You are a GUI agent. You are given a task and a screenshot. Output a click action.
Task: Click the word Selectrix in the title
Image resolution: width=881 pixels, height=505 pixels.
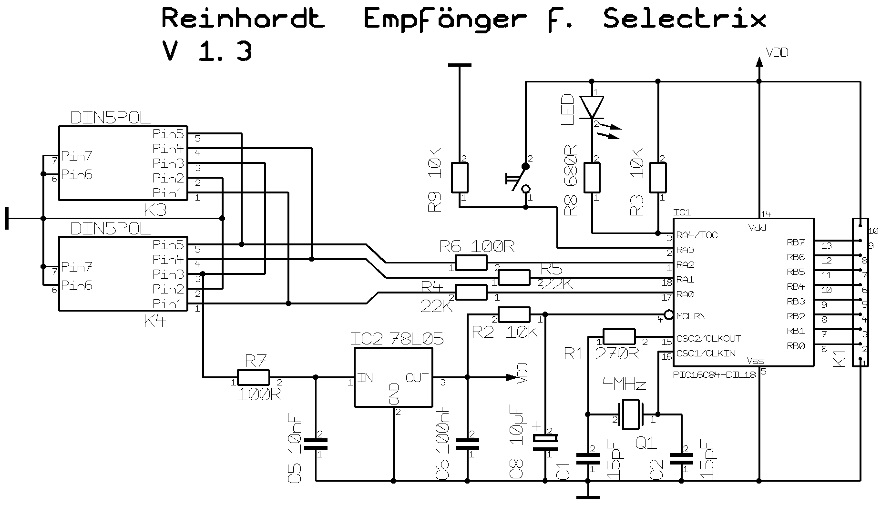coord(684,19)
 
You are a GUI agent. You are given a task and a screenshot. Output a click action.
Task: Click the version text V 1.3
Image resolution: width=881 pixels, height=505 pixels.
coord(207,50)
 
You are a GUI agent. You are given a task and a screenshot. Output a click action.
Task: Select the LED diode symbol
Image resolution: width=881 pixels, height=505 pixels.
coord(592,107)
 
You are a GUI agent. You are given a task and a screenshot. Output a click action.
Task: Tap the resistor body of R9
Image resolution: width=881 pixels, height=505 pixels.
coord(460,178)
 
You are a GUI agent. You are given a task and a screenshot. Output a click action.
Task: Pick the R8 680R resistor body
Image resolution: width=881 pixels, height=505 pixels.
coord(592,178)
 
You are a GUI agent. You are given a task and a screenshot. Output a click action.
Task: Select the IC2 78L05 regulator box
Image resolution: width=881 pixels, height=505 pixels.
coord(393,377)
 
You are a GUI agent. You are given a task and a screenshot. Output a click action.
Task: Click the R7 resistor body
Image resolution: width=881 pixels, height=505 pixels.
coord(253,378)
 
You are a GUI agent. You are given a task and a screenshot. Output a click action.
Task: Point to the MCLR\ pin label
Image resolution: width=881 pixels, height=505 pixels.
coord(691,316)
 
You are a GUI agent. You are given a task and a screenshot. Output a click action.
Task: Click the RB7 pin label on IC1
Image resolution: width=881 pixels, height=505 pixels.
coord(796,243)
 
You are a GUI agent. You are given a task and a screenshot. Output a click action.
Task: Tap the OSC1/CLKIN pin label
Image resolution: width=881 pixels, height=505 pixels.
coord(706,353)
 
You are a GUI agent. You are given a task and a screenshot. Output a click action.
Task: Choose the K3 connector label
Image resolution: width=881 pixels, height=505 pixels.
coord(154,210)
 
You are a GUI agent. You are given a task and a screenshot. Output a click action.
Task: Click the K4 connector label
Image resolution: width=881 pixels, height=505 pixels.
coord(154,321)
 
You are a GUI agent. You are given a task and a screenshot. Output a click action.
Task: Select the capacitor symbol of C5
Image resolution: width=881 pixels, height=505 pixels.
coord(316,444)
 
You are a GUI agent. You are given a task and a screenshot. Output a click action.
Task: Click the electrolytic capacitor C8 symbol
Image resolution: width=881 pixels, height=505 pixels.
coord(545,441)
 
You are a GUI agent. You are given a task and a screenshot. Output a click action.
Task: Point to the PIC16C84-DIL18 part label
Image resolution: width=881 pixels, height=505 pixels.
coord(714,374)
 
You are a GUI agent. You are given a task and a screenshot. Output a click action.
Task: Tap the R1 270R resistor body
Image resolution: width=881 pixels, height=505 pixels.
coord(619,337)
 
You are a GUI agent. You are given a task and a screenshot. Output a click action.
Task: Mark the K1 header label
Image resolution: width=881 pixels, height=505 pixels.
coord(839,356)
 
